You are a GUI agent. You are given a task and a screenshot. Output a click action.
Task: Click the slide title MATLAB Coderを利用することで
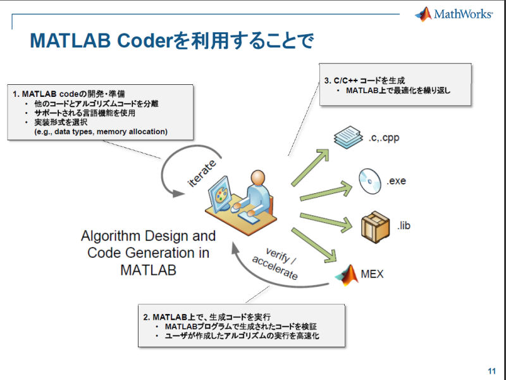(171, 42)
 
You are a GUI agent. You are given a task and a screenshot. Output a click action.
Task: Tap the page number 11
(491, 370)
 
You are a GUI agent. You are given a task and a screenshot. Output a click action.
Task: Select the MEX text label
(373, 274)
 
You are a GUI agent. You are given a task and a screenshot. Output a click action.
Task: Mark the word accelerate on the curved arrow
(275, 270)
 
